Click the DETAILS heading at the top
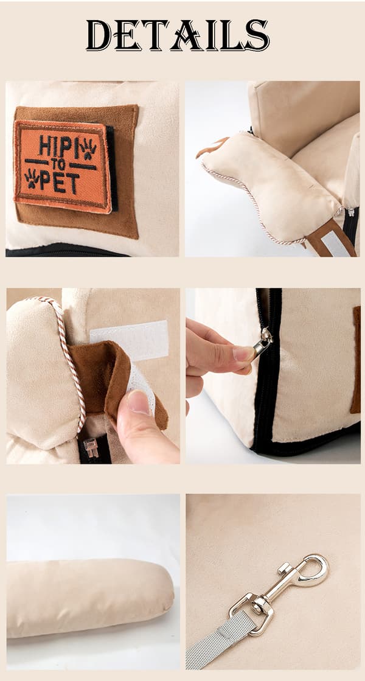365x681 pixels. point(178,35)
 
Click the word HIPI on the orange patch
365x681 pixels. point(57,146)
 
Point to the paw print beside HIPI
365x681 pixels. point(88,148)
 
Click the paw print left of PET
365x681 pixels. point(32,178)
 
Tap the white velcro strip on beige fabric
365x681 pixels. point(130,340)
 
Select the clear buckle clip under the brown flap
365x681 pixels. point(91,448)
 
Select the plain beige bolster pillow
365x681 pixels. point(89,597)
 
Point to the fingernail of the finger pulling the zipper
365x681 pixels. point(242,354)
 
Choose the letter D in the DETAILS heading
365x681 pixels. point(99,35)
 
